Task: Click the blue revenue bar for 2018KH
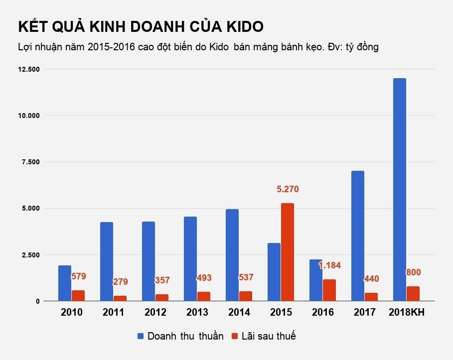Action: (x=399, y=189)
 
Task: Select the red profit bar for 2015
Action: (x=288, y=252)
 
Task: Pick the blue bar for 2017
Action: (x=357, y=236)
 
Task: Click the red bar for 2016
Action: (x=329, y=290)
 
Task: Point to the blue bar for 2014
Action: (x=232, y=255)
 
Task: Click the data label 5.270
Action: (x=288, y=189)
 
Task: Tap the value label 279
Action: (x=120, y=282)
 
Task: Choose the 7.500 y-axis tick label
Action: (x=28, y=162)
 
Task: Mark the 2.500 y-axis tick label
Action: (x=28, y=255)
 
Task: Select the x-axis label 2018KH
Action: (x=406, y=313)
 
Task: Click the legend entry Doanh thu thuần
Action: (x=185, y=336)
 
